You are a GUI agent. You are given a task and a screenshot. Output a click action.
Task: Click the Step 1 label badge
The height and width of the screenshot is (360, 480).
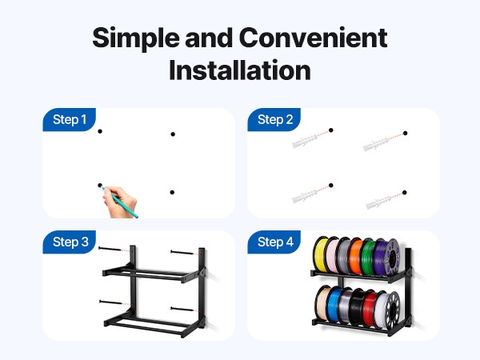[69, 120]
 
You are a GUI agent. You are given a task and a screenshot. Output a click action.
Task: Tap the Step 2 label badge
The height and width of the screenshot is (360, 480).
[274, 120]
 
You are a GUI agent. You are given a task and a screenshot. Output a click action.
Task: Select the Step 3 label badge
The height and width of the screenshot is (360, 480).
[69, 242]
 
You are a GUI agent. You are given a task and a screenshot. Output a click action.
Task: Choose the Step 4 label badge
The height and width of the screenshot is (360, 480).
[274, 242]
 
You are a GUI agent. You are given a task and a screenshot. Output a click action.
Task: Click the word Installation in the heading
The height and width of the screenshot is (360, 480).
[240, 70]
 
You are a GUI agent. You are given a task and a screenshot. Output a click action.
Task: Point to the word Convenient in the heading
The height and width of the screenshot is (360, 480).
[313, 38]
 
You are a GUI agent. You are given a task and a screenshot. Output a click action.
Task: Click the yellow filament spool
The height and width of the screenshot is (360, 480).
[321, 254]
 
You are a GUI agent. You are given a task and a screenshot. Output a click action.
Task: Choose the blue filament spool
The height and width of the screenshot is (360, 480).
[334, 304]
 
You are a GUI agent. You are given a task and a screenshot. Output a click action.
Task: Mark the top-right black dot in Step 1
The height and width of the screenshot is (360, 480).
[173, 134]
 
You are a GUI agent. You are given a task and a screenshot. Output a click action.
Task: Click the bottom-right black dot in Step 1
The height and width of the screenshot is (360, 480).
[172, 192]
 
